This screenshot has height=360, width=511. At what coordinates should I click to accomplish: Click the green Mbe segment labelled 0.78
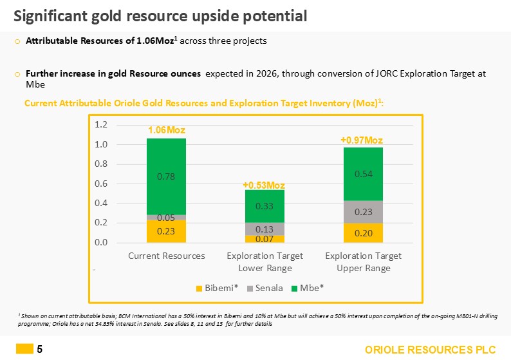(x=166, y=176)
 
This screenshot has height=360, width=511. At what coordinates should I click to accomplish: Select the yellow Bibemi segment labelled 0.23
(x=166, y=231)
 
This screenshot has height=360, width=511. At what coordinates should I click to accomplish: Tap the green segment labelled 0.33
(x=265, y=206)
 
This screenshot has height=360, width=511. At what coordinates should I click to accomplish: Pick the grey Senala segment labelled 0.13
(x=265, y=229)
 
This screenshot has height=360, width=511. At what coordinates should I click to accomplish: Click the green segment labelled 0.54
(x=363, y=174)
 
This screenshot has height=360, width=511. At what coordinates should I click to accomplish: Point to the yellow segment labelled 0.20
(x=363, y=233)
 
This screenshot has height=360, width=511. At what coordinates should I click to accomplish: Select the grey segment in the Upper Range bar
(x=363, y=212)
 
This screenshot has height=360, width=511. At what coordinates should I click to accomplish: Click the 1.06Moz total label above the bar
(x=166, y=131)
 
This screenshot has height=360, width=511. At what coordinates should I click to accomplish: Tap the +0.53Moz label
(x=264, y=185)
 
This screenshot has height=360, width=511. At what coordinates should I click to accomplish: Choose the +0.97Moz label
(x=363, y=140)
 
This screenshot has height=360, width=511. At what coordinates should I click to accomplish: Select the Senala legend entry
(x=265, y=288)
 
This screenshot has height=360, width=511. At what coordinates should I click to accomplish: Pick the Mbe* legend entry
(x=308, y=288)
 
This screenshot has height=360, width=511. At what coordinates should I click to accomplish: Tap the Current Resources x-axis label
(x=167, y=256)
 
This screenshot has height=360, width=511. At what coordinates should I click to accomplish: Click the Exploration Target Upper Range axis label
(x=363, y=261)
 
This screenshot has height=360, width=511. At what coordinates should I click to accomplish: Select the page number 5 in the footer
(x=40, y=350)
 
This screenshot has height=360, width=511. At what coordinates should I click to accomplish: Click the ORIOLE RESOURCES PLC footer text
(x=431, y=350)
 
